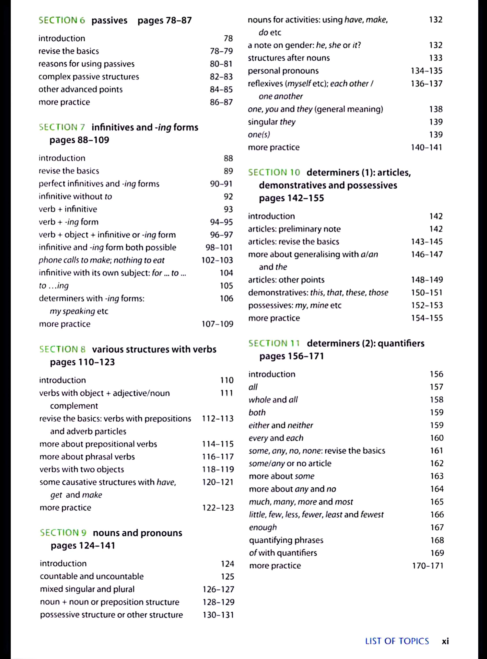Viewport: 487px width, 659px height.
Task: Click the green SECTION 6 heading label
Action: click(62, 20)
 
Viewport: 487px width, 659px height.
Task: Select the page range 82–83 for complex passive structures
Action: click(221, 77)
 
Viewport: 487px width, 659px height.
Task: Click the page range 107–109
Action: click(217, 324)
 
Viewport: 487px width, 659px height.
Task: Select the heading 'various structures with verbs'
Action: click(154, 349)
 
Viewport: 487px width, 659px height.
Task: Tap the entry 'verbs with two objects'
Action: click(82, 469)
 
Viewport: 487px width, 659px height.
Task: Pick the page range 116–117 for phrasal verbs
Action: click(217, 456)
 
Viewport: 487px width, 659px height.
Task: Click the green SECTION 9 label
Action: click(63, 532)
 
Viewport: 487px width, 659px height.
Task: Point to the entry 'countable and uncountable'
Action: click(92, 576)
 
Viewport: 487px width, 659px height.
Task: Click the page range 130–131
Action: click(218, 615)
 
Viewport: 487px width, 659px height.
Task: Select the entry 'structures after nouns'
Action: click(289, 58)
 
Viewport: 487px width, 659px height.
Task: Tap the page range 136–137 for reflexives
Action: click(427, 84)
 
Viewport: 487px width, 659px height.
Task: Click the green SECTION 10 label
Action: click(274, 172)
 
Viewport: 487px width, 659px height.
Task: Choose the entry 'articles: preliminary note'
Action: click(294, 229)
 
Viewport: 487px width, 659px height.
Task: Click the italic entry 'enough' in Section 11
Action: click(263, 527)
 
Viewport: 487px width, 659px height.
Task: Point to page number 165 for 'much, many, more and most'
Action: click(437, 502)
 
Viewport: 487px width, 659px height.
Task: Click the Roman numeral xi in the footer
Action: click(445, 641)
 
